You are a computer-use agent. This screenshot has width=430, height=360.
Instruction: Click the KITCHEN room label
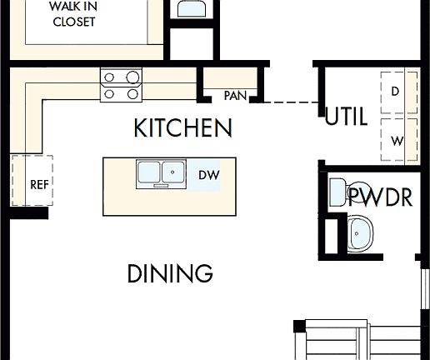[182, 128]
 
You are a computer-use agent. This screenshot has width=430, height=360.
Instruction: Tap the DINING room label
[170, 273]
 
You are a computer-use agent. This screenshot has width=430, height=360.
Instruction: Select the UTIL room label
[346, 117]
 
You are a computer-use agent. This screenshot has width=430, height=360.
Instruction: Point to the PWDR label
[380, 197]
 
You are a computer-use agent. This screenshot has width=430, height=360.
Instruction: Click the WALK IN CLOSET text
[73, 15]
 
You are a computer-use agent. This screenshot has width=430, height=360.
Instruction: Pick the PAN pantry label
[235, 96]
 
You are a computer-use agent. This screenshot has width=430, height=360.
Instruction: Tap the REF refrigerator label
[38, 184]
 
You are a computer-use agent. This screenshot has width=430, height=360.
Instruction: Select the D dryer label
[395, 91]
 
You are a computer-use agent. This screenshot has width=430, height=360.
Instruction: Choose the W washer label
[397, 141]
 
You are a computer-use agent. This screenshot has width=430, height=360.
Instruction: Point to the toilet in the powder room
[355, 192]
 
